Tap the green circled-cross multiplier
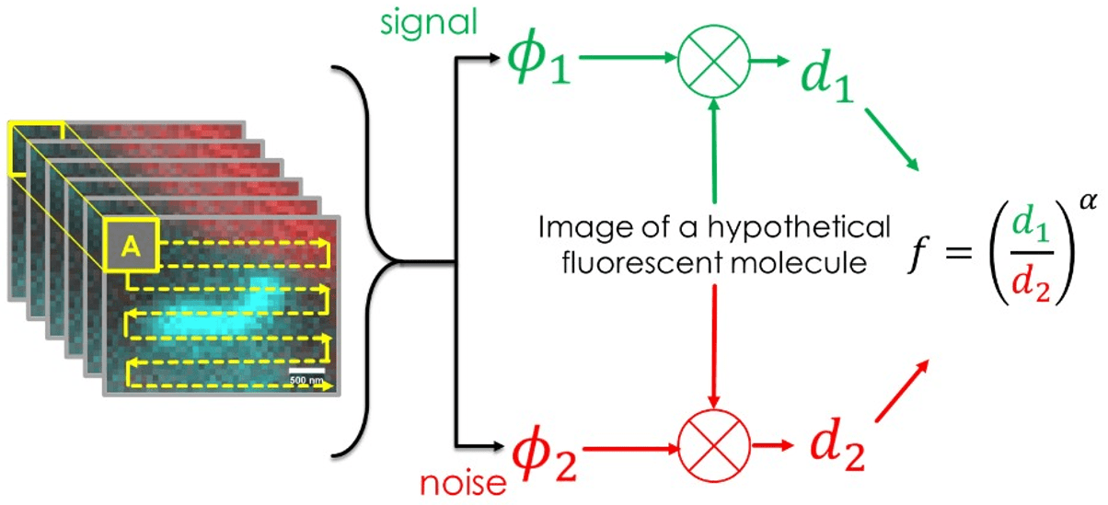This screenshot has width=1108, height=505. click(714, 63)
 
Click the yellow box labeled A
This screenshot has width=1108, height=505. click(131, 247)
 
